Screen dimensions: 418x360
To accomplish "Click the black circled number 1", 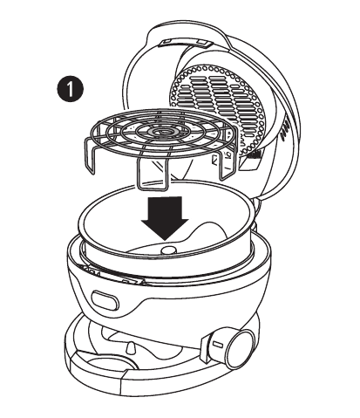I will tap(69, 88).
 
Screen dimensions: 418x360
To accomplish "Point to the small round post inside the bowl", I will tap(169, 250).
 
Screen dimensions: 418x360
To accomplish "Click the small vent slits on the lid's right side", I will tap(285, 132).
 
